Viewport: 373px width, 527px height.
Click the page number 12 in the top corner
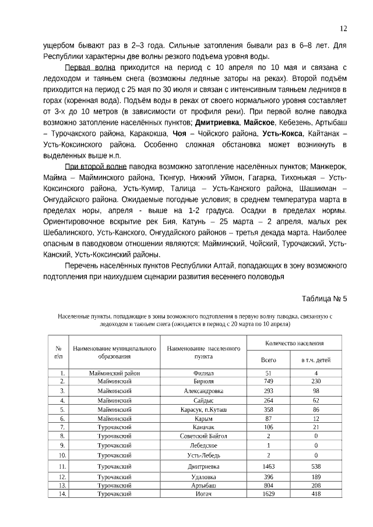click(x=343, y=29)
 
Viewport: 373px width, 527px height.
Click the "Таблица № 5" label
click(x=324, y=299)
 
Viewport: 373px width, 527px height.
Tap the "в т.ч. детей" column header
click(x=315, y=360)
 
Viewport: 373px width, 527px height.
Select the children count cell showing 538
click(x=315, y=466)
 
